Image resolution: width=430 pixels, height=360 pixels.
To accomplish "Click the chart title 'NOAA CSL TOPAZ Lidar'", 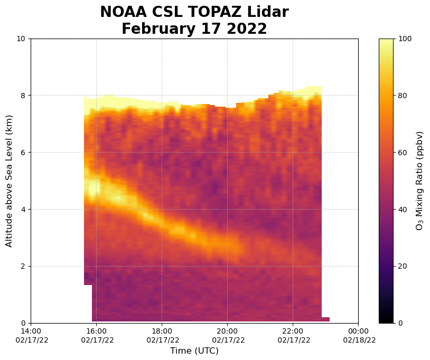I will [194, 12].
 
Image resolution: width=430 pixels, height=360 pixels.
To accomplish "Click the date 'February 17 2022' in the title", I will [194, 29].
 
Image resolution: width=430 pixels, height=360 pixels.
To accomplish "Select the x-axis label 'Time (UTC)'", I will [194, 351].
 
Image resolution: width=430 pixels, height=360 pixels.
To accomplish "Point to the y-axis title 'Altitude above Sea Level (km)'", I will [9, 181].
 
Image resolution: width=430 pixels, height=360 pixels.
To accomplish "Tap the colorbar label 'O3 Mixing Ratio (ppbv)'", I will [419, 181].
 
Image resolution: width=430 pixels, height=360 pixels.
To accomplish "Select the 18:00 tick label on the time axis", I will [162, 335].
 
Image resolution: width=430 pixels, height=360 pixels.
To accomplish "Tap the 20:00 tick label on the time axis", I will [227, 335].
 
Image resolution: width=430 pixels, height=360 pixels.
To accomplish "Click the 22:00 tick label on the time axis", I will [293, 335].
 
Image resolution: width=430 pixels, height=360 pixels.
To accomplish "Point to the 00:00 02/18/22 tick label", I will [358, 335].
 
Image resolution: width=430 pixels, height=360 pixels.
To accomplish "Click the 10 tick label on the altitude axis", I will [22, 39].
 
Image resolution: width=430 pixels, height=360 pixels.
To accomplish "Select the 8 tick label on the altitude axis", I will [24, 96].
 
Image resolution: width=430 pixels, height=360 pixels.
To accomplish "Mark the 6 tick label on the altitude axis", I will [24, 153].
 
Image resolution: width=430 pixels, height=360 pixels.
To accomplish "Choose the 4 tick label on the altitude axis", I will [24, 210].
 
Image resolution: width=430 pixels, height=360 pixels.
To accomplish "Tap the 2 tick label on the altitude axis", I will [24, 267].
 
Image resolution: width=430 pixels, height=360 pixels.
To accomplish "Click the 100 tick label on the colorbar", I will [404, 39].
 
